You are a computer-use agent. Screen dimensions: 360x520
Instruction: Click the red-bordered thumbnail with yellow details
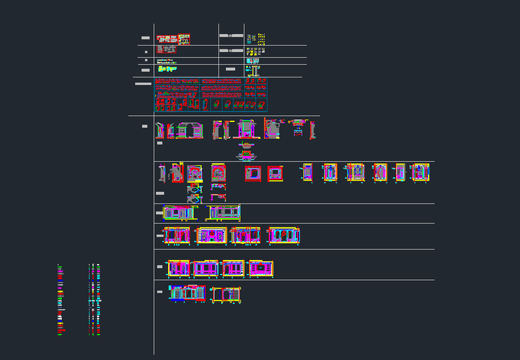click(184, 39)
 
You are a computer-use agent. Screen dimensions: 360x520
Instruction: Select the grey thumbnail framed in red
click(167, 49)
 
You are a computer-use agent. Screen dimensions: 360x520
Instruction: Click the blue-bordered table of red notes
click(211, 94)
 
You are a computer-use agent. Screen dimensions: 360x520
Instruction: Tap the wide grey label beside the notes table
click(143, 84)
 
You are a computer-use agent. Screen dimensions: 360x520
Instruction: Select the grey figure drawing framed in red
click(177, 173)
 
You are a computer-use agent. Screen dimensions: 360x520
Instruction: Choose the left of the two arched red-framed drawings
click(195, 174)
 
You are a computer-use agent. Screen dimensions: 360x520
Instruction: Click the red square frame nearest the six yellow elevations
click(275, 174)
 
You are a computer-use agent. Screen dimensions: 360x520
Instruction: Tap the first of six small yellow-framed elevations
click(307, 172)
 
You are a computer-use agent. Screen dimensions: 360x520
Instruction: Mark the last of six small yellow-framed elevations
click(420, 172)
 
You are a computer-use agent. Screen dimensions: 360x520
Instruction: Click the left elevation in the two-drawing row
click(179, 213)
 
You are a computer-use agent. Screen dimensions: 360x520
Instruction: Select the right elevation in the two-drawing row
click(224, 213)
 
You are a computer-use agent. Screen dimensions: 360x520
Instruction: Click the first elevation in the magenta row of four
click(179, 268)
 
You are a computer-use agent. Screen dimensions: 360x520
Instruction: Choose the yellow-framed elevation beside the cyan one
click(226, 294)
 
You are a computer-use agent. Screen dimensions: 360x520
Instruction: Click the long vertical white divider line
click(154, 200)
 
